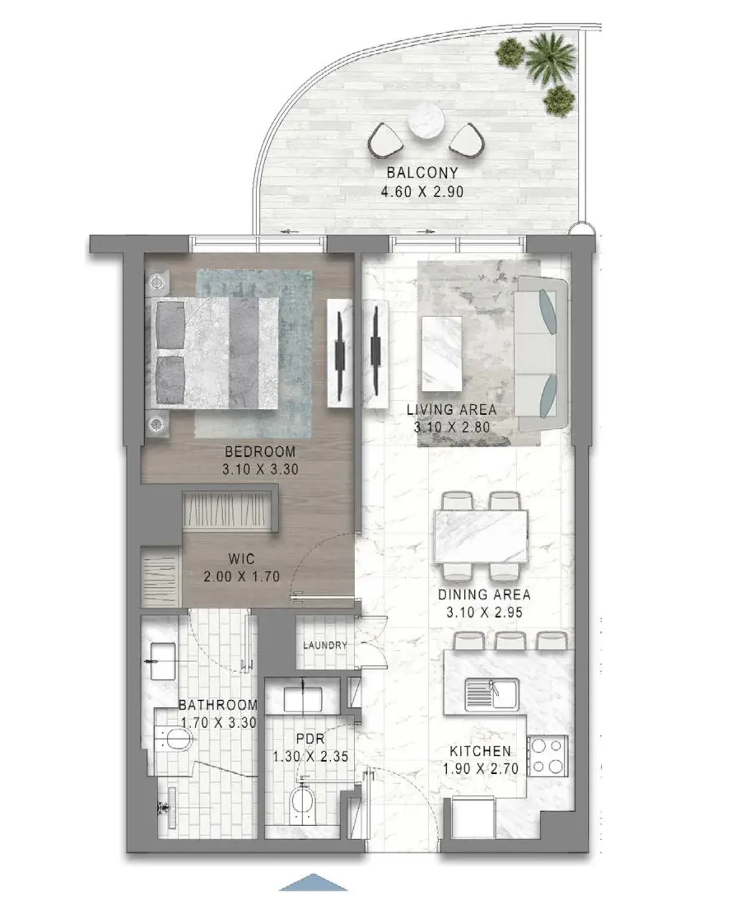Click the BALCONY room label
(422, 173)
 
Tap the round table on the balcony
(426, 120)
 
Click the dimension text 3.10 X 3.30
(260, 470)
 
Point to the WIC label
(241, 559)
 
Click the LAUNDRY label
(325, 645)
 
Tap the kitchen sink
(492, 694)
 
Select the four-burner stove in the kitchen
(547, 756)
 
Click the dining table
(481, 536)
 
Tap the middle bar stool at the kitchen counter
(510, 640)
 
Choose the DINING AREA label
(484, 595)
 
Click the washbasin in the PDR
(302, 699)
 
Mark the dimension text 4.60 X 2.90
(422, 192)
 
